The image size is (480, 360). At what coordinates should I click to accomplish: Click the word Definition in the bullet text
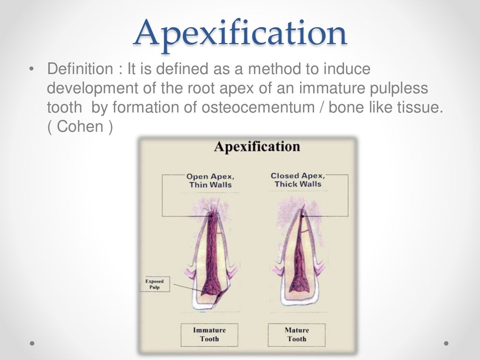click(x=77, y=70)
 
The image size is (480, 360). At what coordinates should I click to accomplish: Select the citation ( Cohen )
click(x=80, y=127)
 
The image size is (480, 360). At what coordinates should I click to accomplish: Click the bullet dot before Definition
click(x=31, y=70)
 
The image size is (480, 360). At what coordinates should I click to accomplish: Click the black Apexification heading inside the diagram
click(x=256, y=146)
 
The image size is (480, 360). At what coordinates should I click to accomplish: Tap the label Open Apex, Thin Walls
click(x=210, y=180)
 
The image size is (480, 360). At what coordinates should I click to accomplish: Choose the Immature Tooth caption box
click(x=209, y=334)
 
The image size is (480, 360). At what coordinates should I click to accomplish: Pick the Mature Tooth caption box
click(x=296, y=334)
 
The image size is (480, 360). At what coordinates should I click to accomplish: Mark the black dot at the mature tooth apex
click(x=302, y=216)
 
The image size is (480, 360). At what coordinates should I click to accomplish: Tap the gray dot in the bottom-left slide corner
click(x=32, y=344)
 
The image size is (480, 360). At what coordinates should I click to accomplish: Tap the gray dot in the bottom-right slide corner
click(x=446, y=344)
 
